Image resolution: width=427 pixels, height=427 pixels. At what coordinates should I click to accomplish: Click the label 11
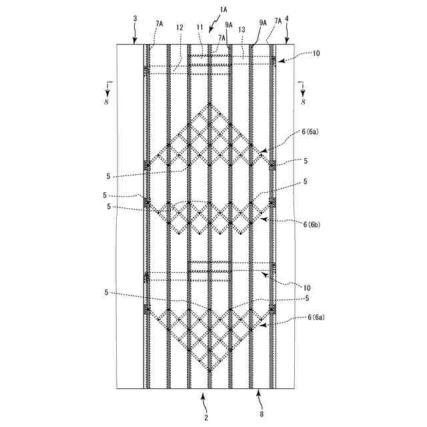point(200,27)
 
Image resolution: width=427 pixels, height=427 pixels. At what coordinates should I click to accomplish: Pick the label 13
point(241,29)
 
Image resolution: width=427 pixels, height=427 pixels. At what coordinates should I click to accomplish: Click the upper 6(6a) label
point(312,133)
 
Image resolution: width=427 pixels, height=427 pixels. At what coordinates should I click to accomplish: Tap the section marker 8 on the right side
point(303,102)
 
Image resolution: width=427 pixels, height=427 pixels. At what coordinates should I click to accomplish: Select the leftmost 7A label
point(159,23)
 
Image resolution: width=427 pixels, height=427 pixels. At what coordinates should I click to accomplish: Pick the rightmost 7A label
point(277,22)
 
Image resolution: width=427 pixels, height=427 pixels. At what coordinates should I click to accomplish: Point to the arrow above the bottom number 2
point(205,400)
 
